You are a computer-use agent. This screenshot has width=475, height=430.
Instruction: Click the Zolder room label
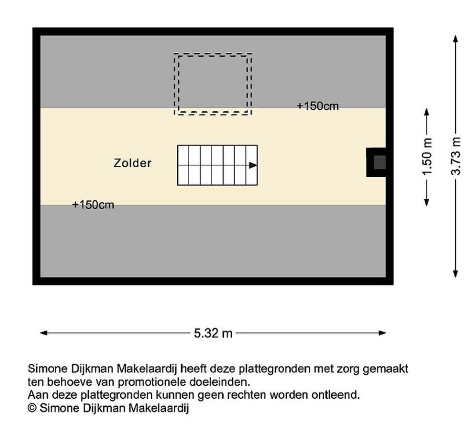click(x=132, y=163)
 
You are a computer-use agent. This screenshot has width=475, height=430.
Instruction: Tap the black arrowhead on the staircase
click(x=253, y=165)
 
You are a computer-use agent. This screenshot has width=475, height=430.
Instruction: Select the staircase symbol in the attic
click(x=218, y=165)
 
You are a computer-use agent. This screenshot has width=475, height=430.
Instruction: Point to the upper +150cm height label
click(x=318, y=106)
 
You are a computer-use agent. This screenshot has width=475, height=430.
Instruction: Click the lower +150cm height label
click(x=93, y=205)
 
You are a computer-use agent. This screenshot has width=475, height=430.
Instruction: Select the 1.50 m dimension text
click(x=427, y=157)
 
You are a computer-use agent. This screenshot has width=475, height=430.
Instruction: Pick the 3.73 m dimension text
click(x=456, y=156)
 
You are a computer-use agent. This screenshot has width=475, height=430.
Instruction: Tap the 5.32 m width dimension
click(x=213, y=333)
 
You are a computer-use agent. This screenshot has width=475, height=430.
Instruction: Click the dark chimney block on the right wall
click(x=376, y=162)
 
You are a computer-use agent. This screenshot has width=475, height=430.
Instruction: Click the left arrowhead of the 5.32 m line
click(x=44, y=333)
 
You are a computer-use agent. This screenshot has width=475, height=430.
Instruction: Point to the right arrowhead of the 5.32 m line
click(x=382, y=333)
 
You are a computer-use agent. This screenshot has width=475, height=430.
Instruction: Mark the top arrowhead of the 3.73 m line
click(x=455, y=39)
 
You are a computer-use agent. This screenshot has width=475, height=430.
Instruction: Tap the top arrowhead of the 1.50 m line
click(x=427, y=112)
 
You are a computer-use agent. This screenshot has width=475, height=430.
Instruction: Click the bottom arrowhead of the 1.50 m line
click(x=427, y=202)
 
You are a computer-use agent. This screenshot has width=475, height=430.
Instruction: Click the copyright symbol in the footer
click(x=32, y=408)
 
